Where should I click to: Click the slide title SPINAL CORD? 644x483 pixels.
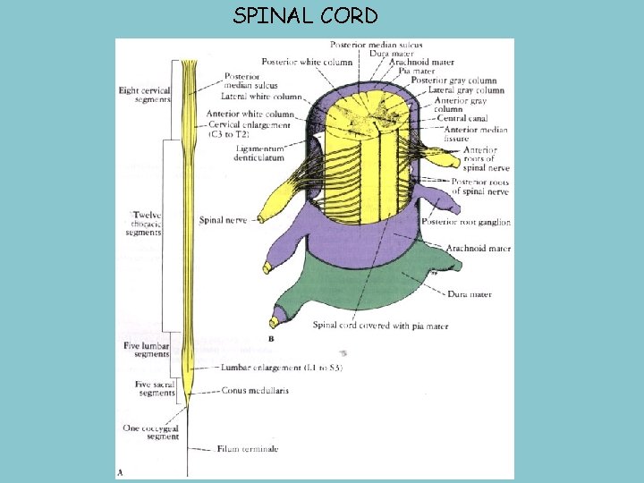[305, 16]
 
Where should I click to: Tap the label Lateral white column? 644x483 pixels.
[262, 96]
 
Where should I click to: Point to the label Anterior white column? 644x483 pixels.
[250, 114]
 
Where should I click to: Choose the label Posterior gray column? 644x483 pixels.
[453, 80]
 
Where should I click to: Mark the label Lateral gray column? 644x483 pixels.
[466, 90]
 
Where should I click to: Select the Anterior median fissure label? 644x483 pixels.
[476, 134]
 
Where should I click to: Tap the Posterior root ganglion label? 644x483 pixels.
[468, 223]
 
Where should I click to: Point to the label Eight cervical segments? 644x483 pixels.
[145, 94]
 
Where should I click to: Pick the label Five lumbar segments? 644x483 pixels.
[146, 349]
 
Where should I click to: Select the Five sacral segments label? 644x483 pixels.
[155, 389]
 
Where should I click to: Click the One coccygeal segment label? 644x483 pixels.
[150, 432]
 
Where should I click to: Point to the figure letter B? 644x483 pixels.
[271, 340]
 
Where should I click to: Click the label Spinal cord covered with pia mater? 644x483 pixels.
[380, 326]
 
